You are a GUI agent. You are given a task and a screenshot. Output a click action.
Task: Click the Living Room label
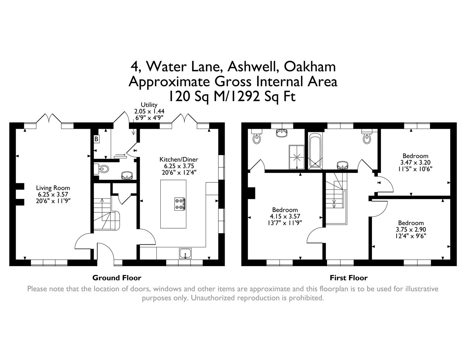(53, 188)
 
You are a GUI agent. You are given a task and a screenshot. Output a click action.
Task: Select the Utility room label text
(149, 105)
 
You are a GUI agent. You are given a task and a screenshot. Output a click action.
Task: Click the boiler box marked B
(96, 139)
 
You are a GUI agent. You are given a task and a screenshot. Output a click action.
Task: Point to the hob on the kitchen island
(180, 204)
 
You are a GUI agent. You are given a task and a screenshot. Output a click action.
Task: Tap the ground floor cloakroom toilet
(103, 169)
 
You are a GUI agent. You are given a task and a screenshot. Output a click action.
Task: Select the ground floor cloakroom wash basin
(127, 175)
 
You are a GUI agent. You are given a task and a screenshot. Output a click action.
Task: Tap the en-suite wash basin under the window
(282, 133)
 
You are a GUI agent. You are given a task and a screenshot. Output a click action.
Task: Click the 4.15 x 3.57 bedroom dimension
(285, 216)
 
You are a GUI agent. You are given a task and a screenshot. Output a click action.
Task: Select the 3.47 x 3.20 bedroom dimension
(415, 162)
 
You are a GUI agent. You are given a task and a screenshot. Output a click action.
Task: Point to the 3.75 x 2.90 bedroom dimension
(411, 229)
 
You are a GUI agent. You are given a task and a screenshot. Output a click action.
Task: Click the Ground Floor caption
(117, 278)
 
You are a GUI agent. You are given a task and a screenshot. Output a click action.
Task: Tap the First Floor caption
(348, 278)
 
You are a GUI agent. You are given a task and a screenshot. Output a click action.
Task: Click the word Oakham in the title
(309, 66)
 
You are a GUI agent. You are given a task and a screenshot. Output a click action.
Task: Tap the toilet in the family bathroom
(367, 138)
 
